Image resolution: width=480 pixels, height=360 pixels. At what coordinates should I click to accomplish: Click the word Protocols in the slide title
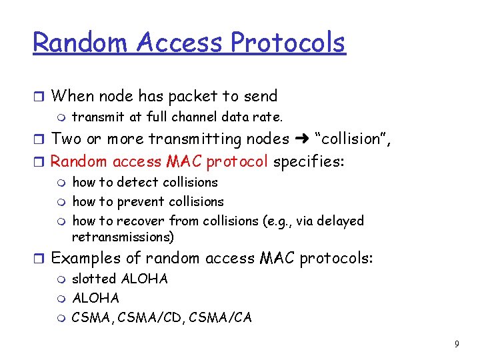click(288, 43)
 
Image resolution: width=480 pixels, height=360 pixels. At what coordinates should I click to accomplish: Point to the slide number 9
click(456, 344)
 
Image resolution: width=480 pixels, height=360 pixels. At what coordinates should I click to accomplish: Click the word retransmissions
click(123, 237)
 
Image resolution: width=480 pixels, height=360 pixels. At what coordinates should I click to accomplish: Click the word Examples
click(86, 259)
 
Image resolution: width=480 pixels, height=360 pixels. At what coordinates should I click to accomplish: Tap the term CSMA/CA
click(221, 317)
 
